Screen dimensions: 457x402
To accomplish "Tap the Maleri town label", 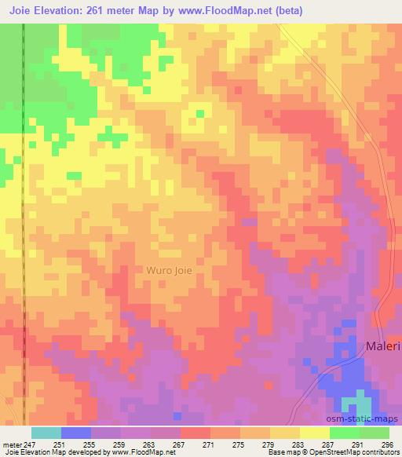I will tap(380, 346).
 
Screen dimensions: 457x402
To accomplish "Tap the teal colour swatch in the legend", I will tap(46, 433).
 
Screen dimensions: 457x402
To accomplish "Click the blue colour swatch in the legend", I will tap(76, 433).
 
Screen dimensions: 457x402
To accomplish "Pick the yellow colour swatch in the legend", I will tap(315, 433).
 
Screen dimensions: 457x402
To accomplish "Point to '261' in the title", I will tap(99, 10).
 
